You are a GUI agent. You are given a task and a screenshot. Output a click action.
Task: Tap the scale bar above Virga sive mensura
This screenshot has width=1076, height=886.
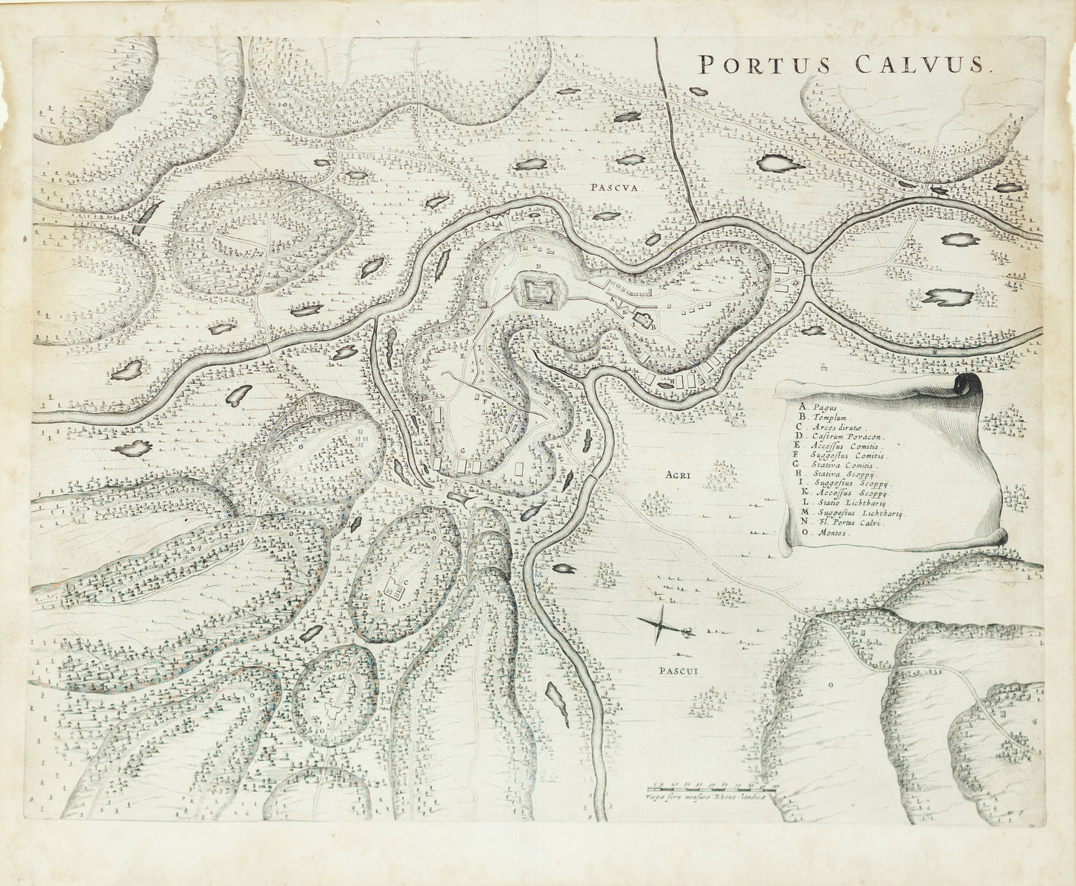[710, 785]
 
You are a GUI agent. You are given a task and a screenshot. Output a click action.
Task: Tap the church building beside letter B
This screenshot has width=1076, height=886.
[641, 322]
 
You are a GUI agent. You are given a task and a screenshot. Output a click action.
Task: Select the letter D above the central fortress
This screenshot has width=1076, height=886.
[535, 267]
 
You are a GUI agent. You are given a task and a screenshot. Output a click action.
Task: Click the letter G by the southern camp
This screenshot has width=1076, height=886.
[462, 452]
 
